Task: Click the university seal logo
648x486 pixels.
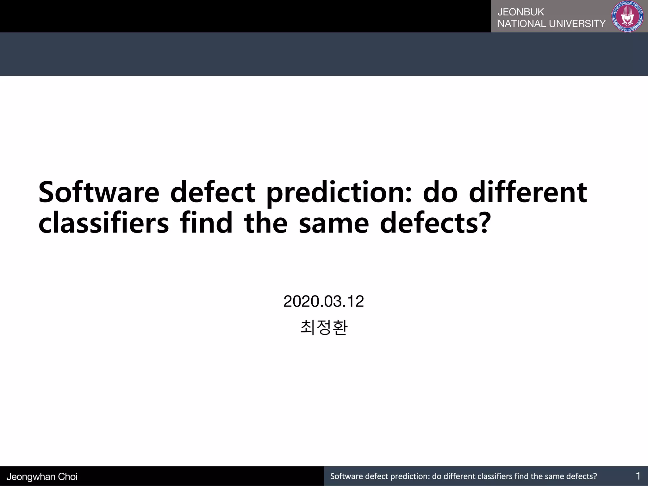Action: [x=628, y=16]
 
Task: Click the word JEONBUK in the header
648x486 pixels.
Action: [x=520, y=12]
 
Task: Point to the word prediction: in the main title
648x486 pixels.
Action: [x=339, y=192]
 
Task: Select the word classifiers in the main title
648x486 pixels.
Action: [x=103, y=223]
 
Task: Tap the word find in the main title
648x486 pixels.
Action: [x=206, y=223]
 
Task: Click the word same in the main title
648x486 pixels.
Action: [x=333, y=223]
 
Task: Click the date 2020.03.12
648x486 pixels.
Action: [x=323, y=301]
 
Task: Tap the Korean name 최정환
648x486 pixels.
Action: [x=323, y=327]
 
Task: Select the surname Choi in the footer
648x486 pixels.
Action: [x=68, y=477]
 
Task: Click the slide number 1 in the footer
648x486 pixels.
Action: [x=638, y=476]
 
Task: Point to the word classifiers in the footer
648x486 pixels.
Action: [x=495, y=476]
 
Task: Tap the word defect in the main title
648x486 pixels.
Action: [x=212, y=192]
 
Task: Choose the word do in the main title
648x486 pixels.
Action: [x=440, y=192]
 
